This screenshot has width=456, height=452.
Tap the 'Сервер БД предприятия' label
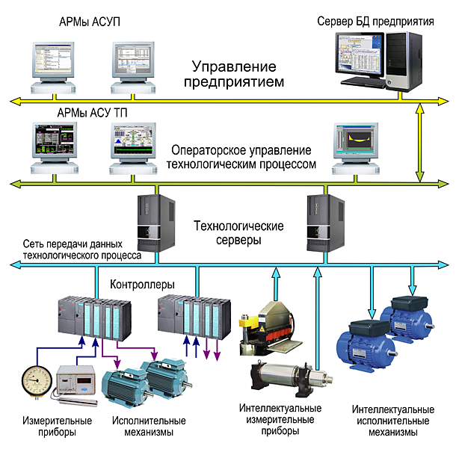pos(375,22)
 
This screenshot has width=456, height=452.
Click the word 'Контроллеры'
pos(142,285)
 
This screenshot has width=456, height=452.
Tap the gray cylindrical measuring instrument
pos(288,378)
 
